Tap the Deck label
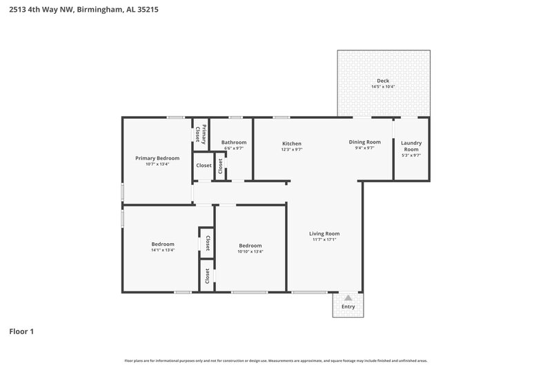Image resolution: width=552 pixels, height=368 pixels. point(383,80)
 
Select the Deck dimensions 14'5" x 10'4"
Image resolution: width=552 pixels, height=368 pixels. point(383,87)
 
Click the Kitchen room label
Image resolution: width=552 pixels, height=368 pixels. point(291,143)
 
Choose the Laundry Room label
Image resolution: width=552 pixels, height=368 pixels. point(411,146)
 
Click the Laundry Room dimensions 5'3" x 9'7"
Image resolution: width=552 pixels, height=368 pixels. point(411,155)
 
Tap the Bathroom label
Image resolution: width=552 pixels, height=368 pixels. point(233,142)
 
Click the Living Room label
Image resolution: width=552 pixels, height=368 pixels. point(324,233)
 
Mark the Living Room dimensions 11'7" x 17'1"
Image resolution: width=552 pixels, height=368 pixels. point(324,240)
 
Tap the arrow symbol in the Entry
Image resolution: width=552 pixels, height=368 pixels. point(348,298)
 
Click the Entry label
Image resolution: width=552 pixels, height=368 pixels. point(348,307)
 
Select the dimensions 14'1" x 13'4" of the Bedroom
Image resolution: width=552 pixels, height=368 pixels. point(163,251)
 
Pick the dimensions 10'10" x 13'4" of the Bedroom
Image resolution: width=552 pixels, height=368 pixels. point(250,251)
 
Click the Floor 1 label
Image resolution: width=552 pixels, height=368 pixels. point(21,331)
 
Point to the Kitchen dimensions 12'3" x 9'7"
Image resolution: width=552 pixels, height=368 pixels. point(291,149)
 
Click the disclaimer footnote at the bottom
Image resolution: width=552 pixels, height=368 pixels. point(276,360)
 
